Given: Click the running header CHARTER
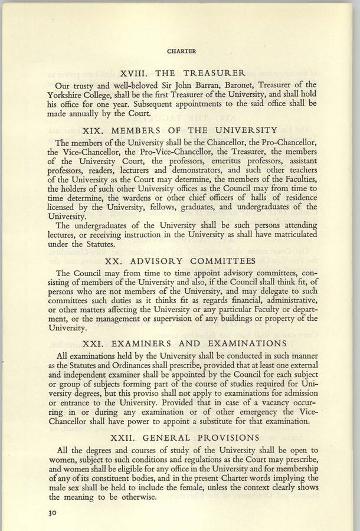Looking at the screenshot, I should [181, 51].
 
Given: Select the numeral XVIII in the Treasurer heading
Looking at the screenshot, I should [135, 74].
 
